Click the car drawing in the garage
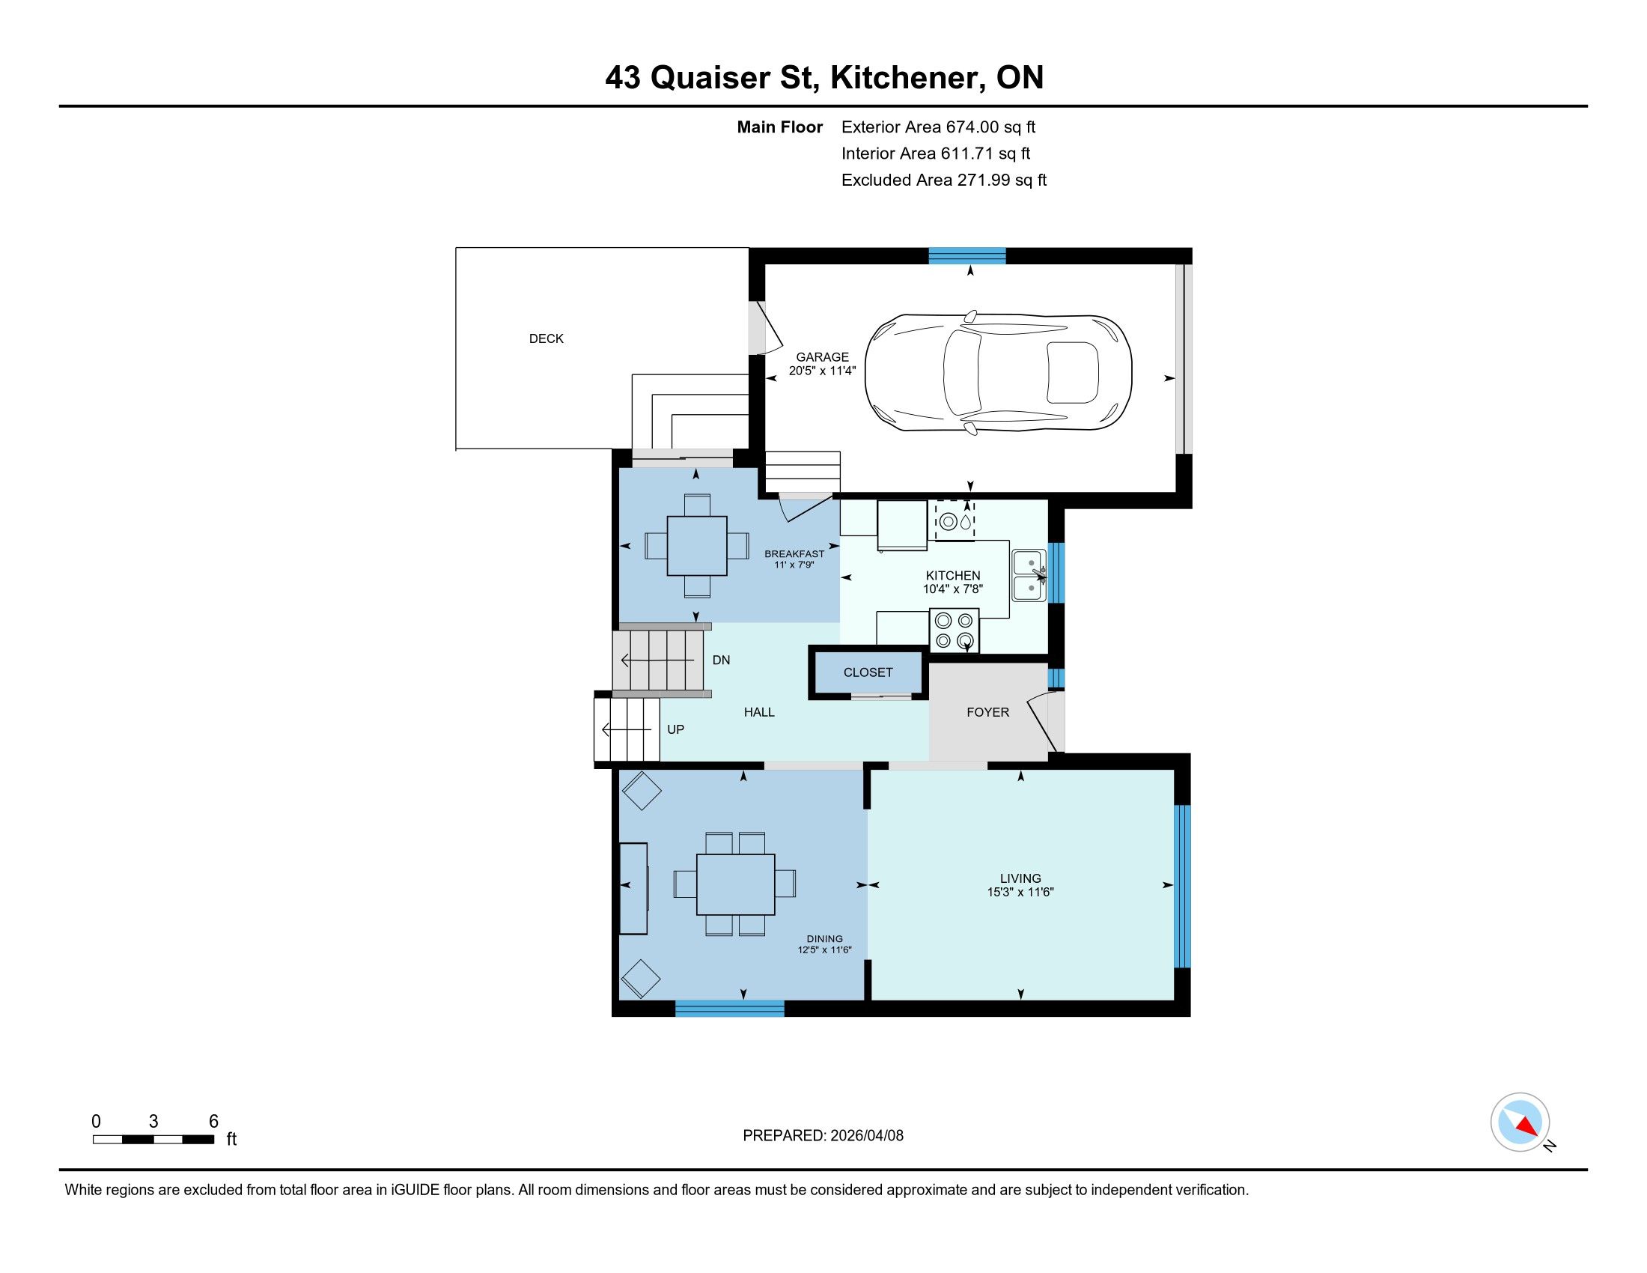(998, 373)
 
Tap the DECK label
(546, 338)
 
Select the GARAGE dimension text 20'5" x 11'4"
(822, 371)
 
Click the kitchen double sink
(1029, 575)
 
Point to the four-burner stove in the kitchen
(954, 631)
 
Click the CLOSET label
(868, 672)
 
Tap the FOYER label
(988, 712)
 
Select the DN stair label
(722, 660)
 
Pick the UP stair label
(676, 729)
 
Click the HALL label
(759, 712)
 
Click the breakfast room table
(698, 546)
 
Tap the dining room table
(735, 884)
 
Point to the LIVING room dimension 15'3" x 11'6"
(1020, 892)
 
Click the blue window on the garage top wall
(966, 255)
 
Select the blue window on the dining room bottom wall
(729, 1009)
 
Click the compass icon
(1520, 1122)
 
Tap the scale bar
(153, 1140)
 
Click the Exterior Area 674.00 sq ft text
(938, 127)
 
